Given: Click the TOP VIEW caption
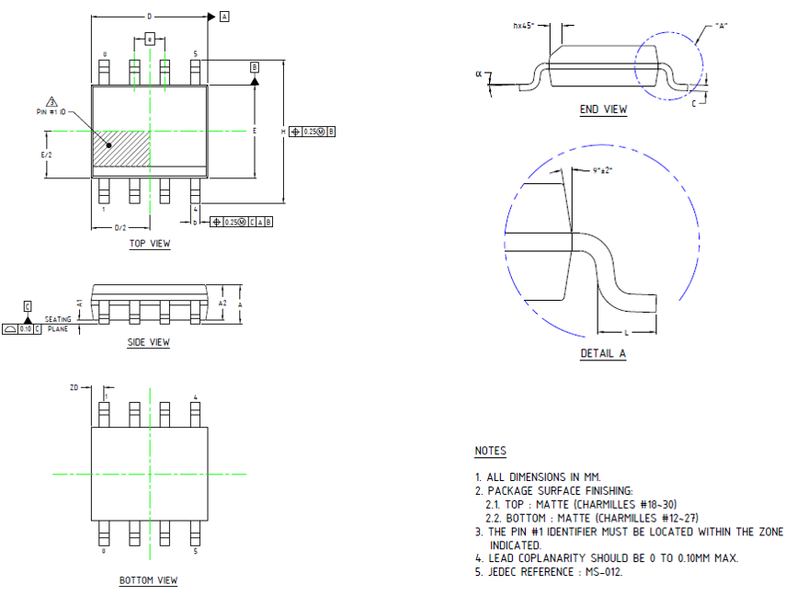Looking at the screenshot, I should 149,244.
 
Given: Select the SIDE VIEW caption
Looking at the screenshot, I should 148,343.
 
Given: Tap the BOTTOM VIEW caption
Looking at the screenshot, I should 148,580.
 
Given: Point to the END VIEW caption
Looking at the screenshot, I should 603,109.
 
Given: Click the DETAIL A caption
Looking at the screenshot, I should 603,354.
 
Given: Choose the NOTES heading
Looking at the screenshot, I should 490,451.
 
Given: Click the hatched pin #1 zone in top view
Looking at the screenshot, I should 120,148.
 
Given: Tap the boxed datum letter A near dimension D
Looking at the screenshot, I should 224,17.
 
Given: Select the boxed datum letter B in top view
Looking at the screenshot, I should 255,66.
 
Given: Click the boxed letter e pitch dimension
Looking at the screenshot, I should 149,40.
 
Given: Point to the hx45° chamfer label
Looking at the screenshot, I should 524,26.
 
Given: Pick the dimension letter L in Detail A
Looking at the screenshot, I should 626,328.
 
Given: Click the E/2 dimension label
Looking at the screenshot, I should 46,155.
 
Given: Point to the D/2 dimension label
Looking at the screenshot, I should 120,227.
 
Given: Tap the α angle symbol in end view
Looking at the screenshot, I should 479,73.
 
